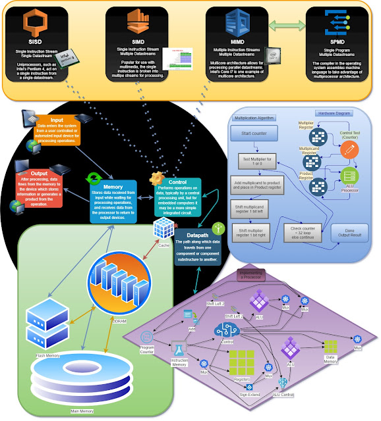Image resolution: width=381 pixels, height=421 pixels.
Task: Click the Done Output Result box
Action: pyautogui.click(x=350, y=234)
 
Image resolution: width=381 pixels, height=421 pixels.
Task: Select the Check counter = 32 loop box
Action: pyautogui.click(x=306, y=233)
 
